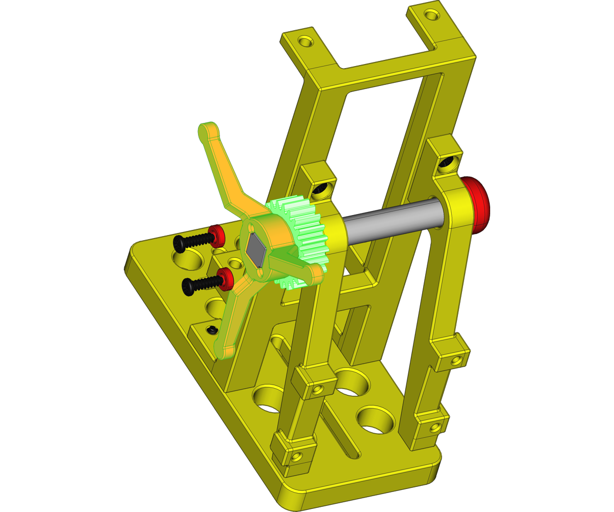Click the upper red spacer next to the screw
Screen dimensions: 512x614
coord(217,235)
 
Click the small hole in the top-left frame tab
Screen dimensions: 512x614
coord(305,41)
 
